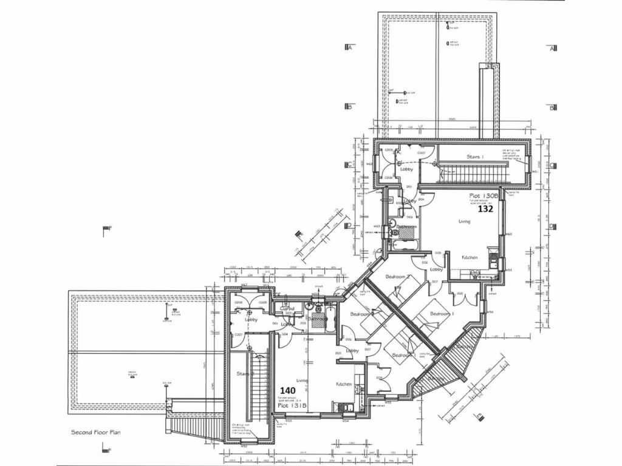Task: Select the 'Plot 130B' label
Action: pos(484,197)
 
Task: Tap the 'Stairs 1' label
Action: pos(475,157)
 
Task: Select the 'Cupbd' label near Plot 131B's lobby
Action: pos(287,308)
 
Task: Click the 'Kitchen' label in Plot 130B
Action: pos(470,257)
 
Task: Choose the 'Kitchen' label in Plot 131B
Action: pos(344,384)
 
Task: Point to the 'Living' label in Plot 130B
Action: pos(465,221)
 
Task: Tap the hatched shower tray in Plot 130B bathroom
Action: pos(406,229)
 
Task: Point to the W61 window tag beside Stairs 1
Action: pos(535,171)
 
